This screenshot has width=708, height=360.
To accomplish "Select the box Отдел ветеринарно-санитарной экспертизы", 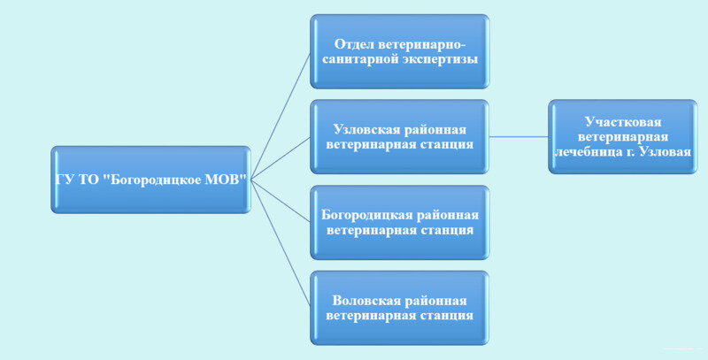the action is click(399, 52).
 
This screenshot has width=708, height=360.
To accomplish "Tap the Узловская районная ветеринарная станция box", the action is click(399, 136).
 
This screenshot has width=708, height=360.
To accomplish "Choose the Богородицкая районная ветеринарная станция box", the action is click(399, 223).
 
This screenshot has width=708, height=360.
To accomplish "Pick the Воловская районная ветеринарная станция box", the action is click(399, 307).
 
